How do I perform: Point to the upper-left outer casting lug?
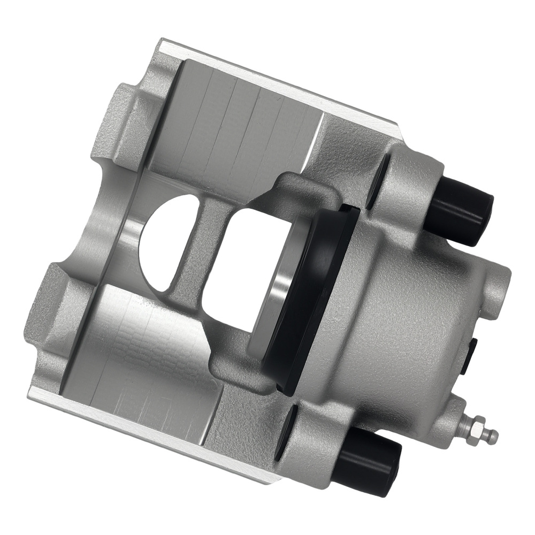pos(118,123)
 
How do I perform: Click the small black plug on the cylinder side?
pos(471,356)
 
